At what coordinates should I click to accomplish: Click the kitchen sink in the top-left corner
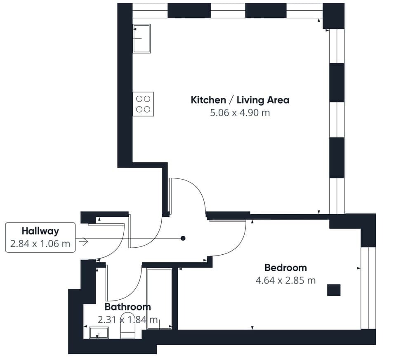coord(141,38)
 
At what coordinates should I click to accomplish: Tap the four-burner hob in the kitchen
coord(143,104)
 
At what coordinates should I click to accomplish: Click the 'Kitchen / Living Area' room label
coord(240,100)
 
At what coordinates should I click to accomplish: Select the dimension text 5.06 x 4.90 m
coord(240,113)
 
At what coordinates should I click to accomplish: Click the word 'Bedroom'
coord(285,268)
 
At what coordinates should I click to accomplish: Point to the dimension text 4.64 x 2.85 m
coord(285,281)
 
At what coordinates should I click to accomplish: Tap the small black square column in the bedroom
coord(334,290)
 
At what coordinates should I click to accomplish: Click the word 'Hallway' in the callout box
coord(40,231)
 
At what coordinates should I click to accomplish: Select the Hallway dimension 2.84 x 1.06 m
coord(40,244)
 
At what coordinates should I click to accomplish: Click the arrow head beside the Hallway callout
coord(84,242)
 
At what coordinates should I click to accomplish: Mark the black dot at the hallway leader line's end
coord(183,238)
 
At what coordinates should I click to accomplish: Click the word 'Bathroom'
coord(127,307)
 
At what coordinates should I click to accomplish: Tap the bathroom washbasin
coord(99,332)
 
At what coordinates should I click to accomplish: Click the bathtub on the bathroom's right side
coord(160,298)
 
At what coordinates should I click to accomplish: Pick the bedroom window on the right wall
coord(368,288)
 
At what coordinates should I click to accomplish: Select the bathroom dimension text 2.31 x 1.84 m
coord(127,320)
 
